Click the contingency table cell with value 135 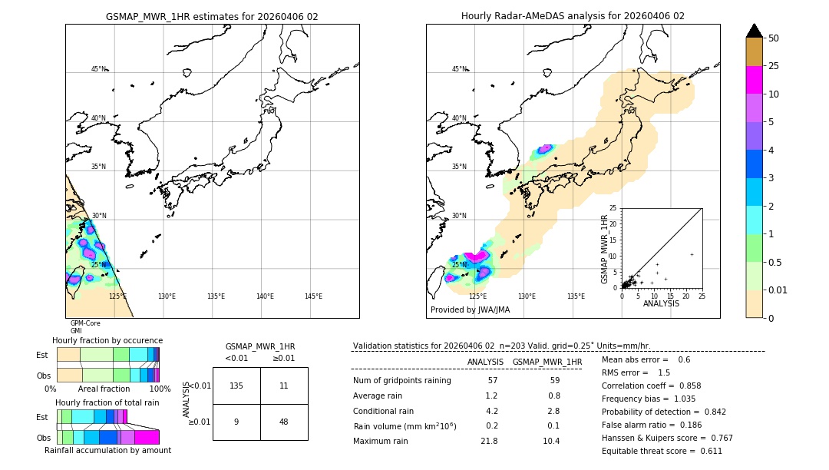(x=236, y=386)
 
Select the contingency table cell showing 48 (x=283, y=422)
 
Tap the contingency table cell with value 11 (x=283, y=386)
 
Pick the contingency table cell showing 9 (x=236, y=422)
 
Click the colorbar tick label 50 (x=774, y=38)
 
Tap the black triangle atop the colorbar (x=754, y=31)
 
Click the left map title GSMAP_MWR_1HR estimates (x=212, y=16)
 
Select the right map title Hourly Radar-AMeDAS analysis (x=573, y=16)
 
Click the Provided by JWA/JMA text (x=470, y=309)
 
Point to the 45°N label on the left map (x=98, y=69)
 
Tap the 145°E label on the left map (x=313, y=296)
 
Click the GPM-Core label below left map (x=85, y=323)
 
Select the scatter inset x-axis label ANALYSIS (x=661, y=303)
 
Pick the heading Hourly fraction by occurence (x=107, y=340)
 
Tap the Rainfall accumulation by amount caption (x=107, y=451)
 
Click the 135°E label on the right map (x=576, y=296)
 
